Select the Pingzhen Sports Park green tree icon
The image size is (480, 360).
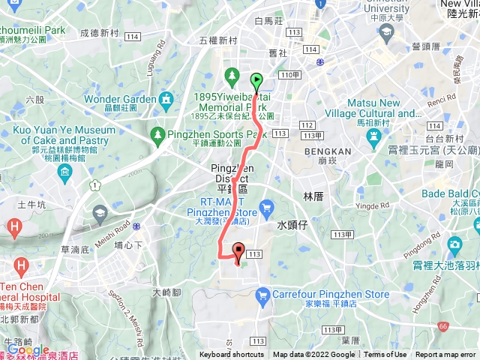tap(157, 135)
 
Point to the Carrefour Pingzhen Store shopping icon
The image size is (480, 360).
tap(262, 297)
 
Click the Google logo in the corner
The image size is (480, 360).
tap(28, 349)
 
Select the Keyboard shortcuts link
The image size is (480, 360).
tap(232, 355)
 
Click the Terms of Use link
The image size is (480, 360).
tap(385, 355)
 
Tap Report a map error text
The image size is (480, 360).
tap(446, 355)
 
